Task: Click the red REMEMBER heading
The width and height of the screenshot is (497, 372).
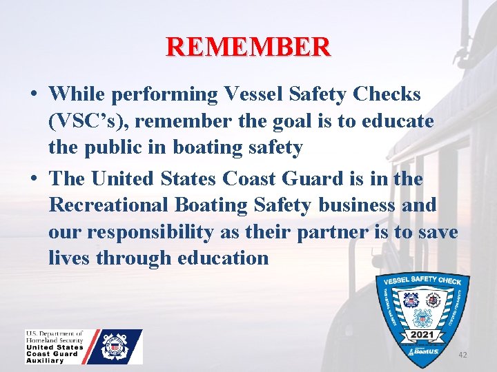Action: click(248, 46)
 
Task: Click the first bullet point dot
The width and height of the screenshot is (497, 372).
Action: click(33, 94)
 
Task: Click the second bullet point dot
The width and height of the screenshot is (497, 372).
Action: click(33, 178)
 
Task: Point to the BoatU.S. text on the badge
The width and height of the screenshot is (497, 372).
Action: click(422, 351)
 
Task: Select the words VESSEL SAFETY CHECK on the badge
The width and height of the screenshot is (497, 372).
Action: click(422, 281)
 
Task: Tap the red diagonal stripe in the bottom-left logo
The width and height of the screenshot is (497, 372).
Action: click(95, 346)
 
